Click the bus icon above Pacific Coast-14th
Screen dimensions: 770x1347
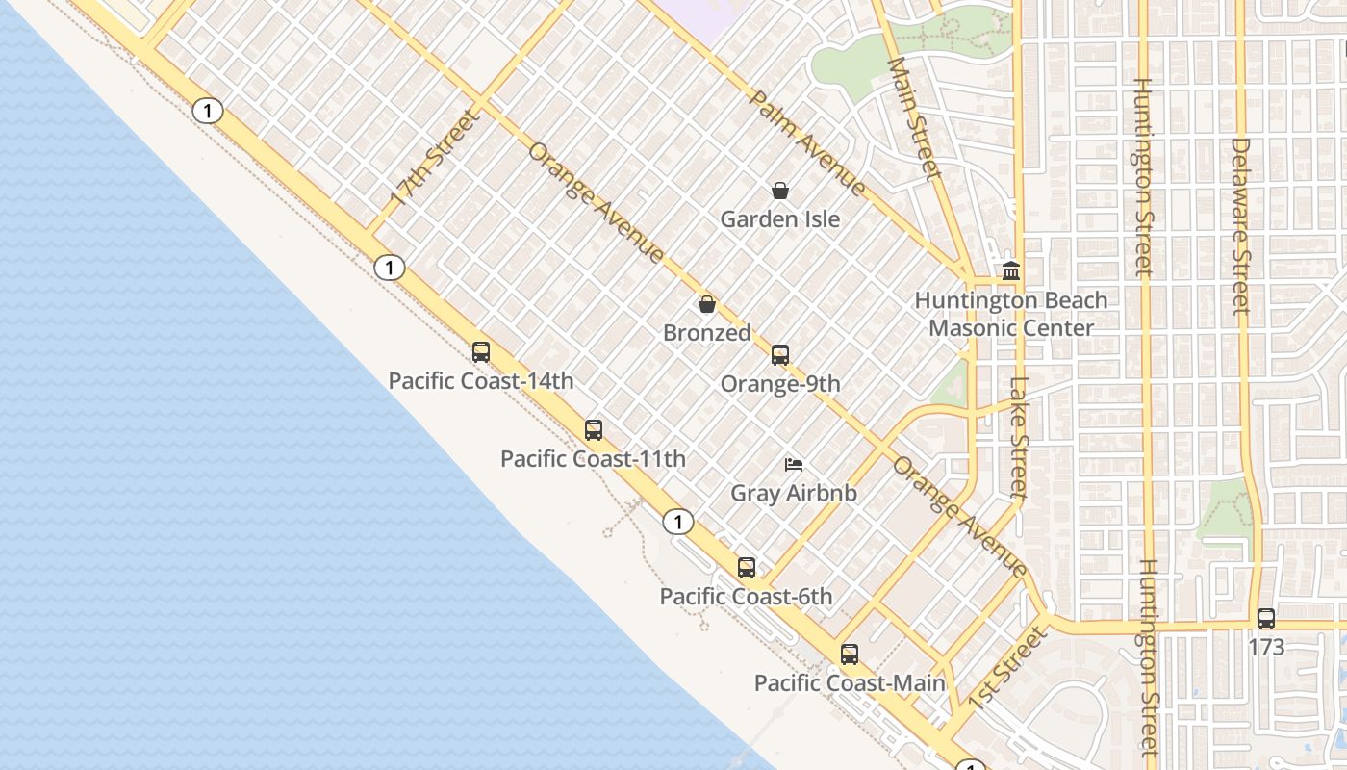pyautogui.click(x=481, y=352)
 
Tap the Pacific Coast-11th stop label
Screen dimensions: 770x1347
pyautogui.click(x=593, y=459)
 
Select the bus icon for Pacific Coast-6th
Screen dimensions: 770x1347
pyautogui.click(x=747, y=568)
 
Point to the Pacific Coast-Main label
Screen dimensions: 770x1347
pyautogui.click(x=849, y=683)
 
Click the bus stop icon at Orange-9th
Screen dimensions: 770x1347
pyautogui.click(x=780, y=355)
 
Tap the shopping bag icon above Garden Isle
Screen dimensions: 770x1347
pyautogui.click(x=780, y=191)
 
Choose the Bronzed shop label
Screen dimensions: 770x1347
pyautogui.click(x=707, y=333)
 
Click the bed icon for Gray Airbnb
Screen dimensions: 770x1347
pyautogui.click(x=794, y=465)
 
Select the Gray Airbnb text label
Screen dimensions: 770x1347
pyautogui.click(x=794, y=494)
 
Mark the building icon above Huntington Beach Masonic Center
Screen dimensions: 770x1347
pyautogui.click(x=1011, y=271)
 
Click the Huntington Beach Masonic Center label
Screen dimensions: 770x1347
pyautogui.click(x=1011, y=314)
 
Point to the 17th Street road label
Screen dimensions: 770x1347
pyautogui.click(x=434, y=159)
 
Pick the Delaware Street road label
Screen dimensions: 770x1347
pyautogui.click(x=1241, y=226)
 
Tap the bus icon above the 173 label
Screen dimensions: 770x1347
pyautogui.click(x=1266, y=619)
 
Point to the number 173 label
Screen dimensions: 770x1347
pyautogui.click(x=1266, y=647)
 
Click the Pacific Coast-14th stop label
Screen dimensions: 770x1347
pyautogui.click(x=481, y=381)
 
